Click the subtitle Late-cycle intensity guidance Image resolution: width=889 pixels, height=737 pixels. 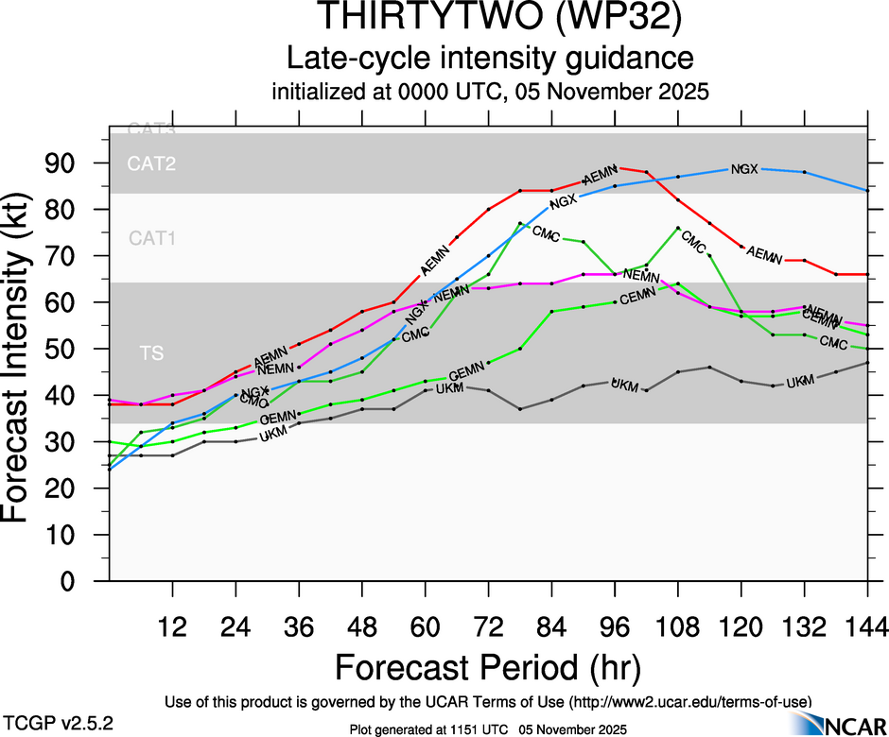[491, 59]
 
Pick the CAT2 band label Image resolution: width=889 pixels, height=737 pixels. [151, 164]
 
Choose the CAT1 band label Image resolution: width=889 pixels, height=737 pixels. [151, 239]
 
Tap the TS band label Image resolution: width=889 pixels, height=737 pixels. [151, 353]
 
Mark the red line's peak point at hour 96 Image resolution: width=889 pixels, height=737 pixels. [615, 167]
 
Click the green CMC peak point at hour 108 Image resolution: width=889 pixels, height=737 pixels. [678, 228]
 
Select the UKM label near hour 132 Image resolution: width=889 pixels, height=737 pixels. [800, 381]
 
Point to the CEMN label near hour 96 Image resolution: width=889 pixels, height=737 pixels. [638, 296]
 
